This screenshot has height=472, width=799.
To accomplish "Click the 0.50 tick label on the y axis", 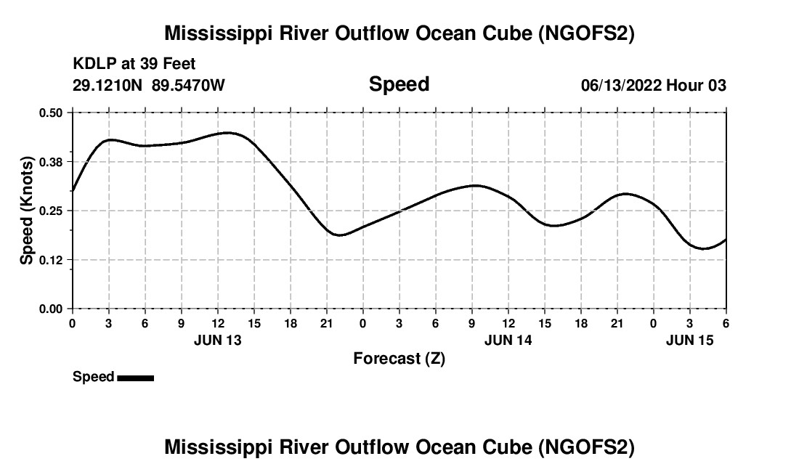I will (x=52, y=113).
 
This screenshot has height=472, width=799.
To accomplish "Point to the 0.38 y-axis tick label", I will (x=52, y=161).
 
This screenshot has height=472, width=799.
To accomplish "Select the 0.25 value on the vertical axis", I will (x=52, y=211).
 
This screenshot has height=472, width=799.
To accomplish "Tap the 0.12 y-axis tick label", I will (x=52, y=260).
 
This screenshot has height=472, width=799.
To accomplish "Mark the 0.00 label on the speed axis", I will (x=52, y=309).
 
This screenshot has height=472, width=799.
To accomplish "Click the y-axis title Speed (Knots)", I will (x=27, y=211).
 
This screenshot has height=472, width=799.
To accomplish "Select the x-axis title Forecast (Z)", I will (x=399, y=358).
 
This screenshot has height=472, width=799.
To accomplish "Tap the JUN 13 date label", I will (x=218, y=340).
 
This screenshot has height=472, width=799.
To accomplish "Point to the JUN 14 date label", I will (x=508, y=340).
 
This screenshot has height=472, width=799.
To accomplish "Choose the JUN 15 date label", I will (x=690, y=340).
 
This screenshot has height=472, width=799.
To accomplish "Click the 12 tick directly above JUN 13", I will (x=218, y=322).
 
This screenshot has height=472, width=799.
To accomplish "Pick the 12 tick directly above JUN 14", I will (x=508, y=322).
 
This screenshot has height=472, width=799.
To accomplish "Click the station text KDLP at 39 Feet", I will (x=134, y=65).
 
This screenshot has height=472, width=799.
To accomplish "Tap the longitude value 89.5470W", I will (x=188, y=85).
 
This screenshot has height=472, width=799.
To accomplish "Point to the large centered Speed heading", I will (x=399, y=84).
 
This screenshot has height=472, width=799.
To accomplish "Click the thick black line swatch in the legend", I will (x=135, y=378).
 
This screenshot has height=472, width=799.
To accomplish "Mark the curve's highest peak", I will (x=227, y=133).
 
